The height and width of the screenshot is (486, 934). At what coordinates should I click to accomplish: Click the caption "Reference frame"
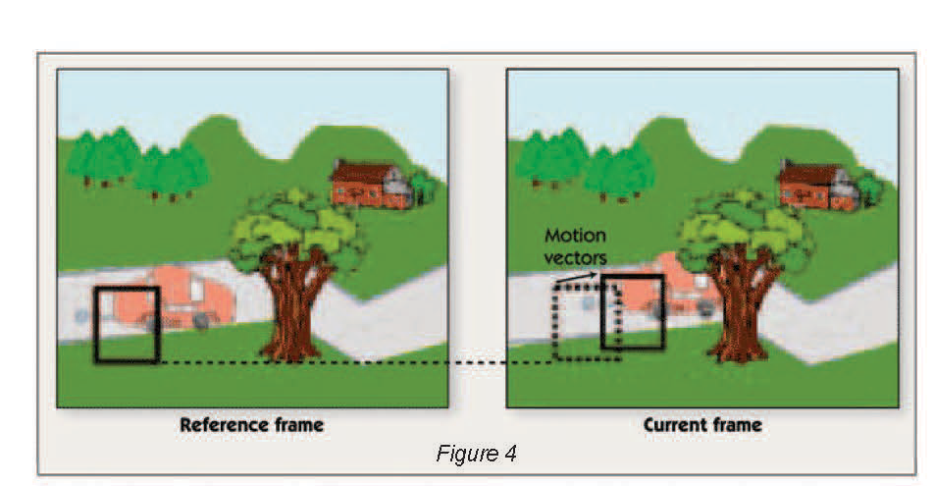point(251,425)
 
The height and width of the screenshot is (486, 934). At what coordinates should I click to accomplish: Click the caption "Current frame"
point(702,425)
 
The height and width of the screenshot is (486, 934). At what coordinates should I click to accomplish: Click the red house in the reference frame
point(371,184)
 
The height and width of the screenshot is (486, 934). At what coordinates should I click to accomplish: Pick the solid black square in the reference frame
point(127,325)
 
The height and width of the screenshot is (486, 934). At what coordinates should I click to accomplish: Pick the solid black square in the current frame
point(633,312)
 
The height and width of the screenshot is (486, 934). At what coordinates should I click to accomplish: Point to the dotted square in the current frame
point(586,323)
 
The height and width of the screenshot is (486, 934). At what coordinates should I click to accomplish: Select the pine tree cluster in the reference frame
point(137,162)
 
